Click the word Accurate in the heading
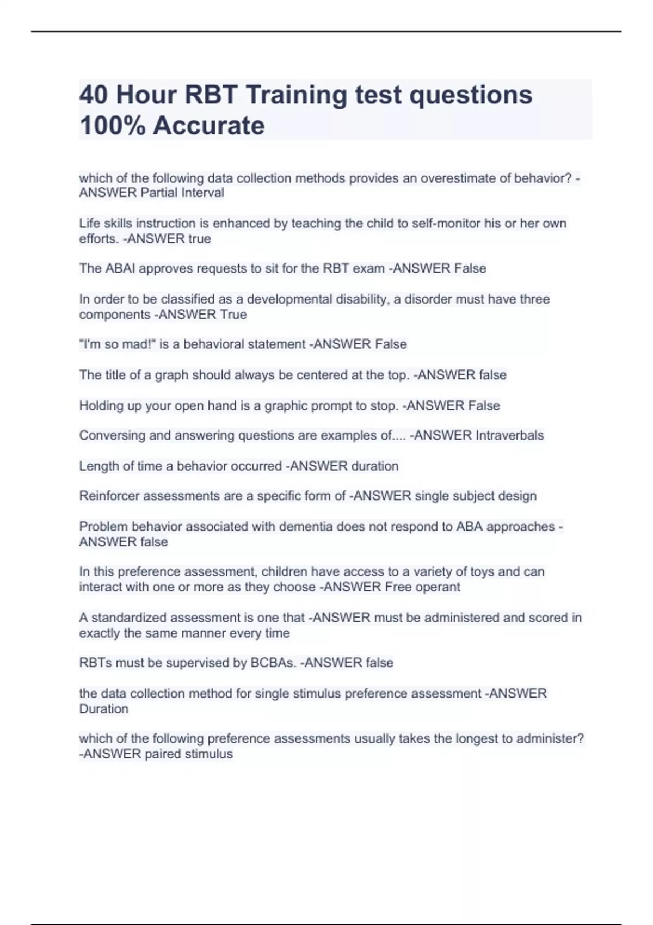click(x=209, y=126)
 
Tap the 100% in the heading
click(x=112, y=126)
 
